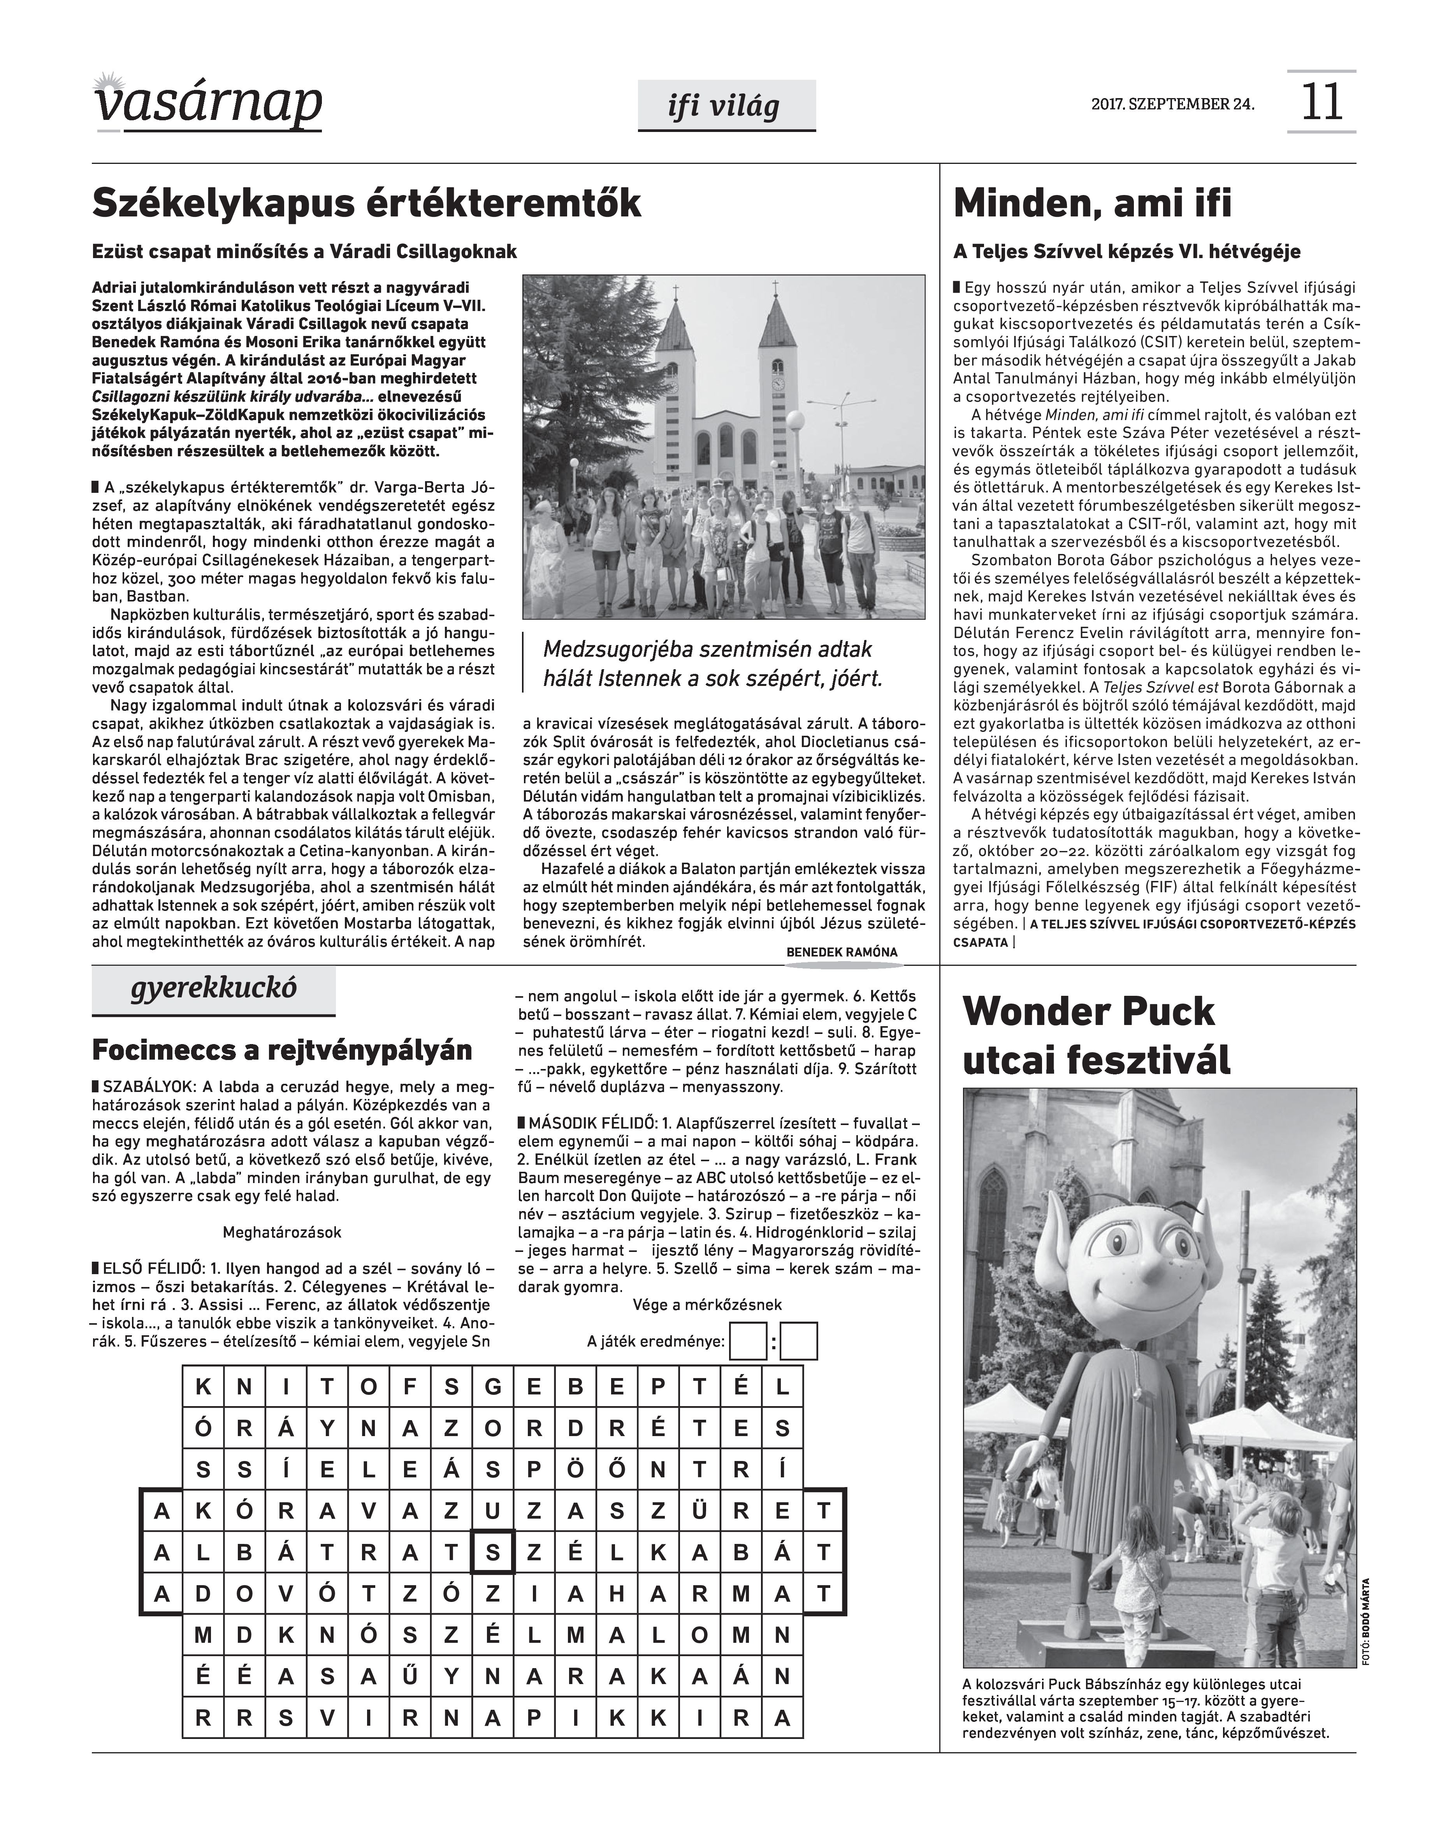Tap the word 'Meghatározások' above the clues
coord(282,1232)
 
